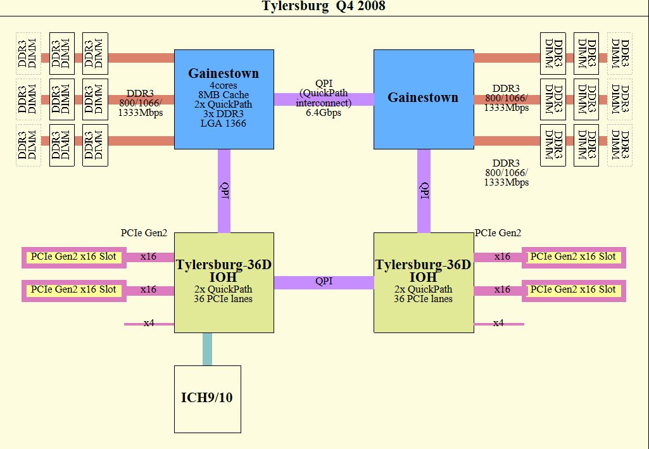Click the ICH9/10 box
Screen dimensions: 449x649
coord(208,398)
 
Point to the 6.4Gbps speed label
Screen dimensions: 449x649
coord(324,113)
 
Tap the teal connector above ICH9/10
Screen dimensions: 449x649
coord(207,349)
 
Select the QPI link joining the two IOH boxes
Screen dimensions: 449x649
coord(324,282)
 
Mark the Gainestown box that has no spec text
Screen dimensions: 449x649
coord(423,99)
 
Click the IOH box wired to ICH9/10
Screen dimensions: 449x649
coord(224,282)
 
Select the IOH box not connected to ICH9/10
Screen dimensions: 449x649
coord(423,282)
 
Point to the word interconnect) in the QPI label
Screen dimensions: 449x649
coord(324,103)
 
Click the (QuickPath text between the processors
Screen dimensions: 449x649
coord(324,93)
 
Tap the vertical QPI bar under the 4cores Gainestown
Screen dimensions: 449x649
coord(224,191)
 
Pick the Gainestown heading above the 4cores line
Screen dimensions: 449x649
coord(224,73)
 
